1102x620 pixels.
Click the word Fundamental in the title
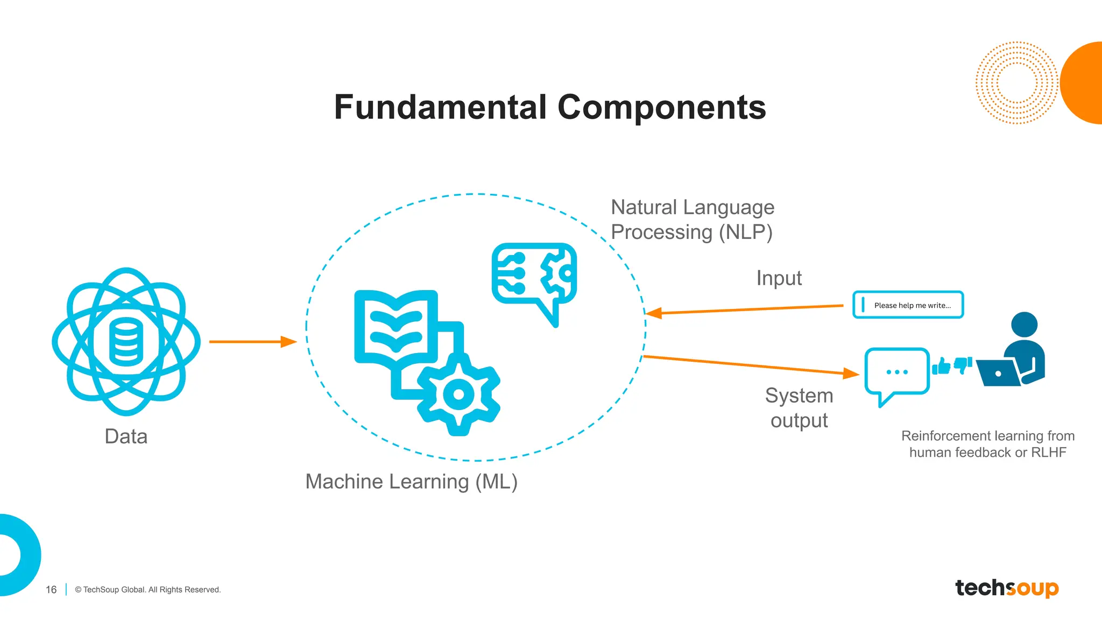[440, 107]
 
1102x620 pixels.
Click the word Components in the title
[661, 107]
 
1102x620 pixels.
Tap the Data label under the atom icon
[126, 436]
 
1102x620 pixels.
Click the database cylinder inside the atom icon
[126, 342]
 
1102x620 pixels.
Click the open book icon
[395, 326]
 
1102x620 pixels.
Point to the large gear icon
[458, 394]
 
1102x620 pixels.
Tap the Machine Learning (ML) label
[411, 481]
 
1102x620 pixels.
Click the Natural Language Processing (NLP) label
[692, 220]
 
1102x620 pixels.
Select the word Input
[779, 278]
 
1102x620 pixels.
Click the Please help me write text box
[908, 305]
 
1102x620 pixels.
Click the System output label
[799, 408]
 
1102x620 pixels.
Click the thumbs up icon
[941, 367]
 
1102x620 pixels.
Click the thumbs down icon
[963, 365]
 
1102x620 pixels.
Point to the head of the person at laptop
[1024, 325]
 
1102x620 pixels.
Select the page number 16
[51, 590]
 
